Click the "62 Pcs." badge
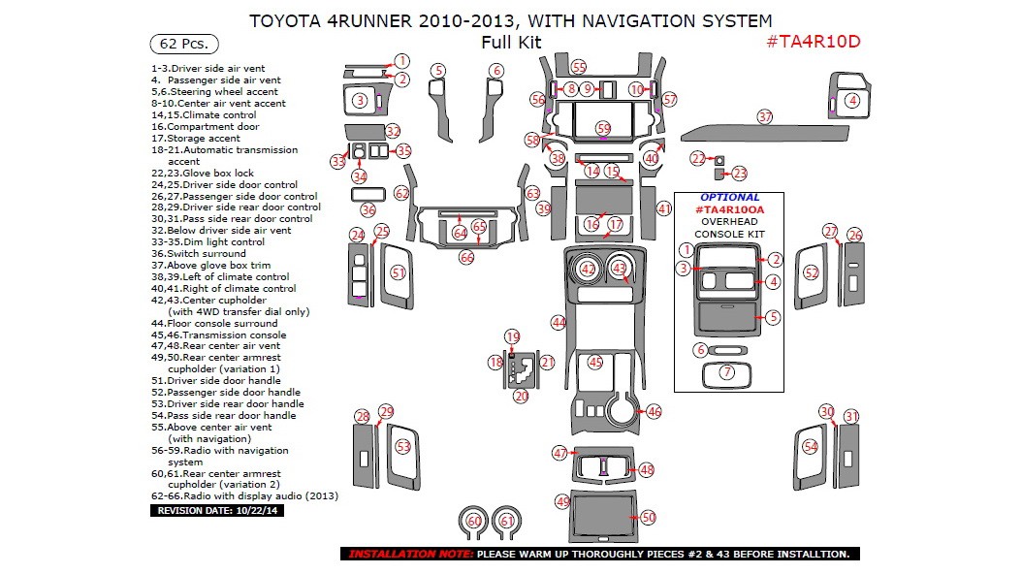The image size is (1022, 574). pos(184,44)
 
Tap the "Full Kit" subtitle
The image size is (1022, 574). pos(511,42)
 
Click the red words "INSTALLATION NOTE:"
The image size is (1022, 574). pos(406,554)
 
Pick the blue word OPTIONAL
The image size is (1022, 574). pos(729,197)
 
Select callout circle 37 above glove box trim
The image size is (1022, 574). pos(765,116)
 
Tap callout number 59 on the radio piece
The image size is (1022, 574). pos(604,128)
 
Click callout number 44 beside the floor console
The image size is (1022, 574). pos(558,322)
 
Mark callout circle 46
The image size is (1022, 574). pos(655,412)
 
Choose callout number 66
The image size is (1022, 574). pos(466,258)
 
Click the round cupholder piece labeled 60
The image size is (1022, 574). pos(474,522)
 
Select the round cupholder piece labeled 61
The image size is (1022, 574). pos(506,522)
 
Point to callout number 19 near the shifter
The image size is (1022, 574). pos(513,336)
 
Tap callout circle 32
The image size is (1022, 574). pos(393,131)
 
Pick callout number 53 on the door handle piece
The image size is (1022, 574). pos(403,447)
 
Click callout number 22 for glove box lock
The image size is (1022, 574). pos(698,158)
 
